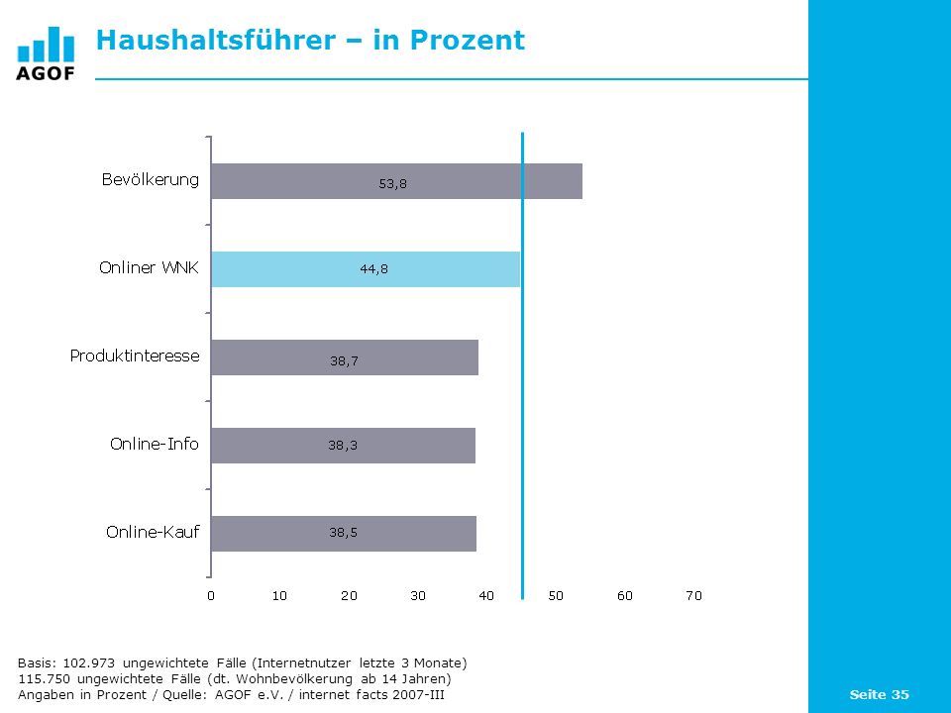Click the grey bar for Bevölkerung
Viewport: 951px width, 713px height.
396,181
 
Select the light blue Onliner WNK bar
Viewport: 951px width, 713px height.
366,269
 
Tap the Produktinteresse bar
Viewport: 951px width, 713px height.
345,357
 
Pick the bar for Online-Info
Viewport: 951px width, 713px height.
344,446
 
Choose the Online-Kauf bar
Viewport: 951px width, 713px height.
344,534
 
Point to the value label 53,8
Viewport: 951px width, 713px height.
393,184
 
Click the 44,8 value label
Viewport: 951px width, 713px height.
374,268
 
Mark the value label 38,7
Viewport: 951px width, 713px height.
344,360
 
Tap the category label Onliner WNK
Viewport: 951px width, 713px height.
150,267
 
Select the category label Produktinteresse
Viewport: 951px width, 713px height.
135,356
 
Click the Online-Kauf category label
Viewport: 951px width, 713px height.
153,532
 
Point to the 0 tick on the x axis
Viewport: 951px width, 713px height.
210,595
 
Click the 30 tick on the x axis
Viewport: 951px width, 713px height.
418,595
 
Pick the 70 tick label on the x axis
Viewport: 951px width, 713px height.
693,595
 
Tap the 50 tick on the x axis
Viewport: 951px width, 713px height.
556,595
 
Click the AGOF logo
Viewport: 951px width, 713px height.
46,53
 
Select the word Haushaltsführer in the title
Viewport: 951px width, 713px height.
216,40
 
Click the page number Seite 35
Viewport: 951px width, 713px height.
879,694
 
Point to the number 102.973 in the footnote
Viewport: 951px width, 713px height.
88,662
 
